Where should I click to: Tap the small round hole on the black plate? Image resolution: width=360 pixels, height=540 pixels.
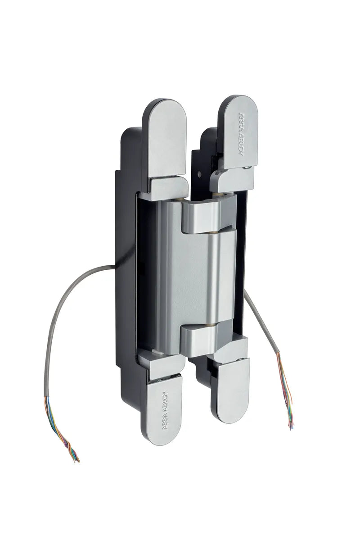(200, 175)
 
